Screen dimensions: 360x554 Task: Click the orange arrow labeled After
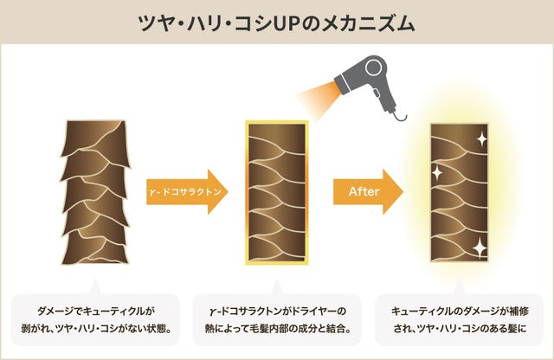369,190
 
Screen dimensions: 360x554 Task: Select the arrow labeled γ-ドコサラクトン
187,191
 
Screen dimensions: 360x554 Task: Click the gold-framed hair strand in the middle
277,194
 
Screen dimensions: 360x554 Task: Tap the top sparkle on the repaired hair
480,139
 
